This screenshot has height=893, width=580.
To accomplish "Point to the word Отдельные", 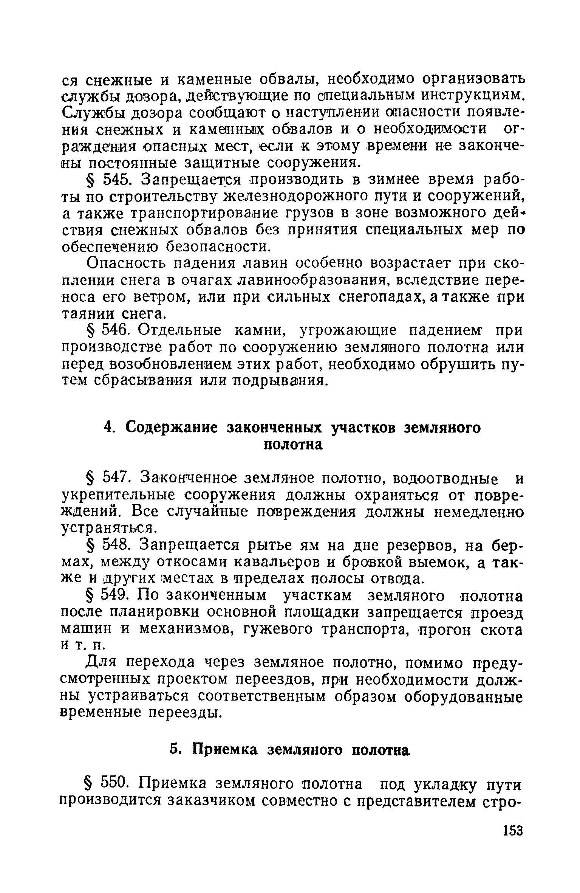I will tap(180, 331).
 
